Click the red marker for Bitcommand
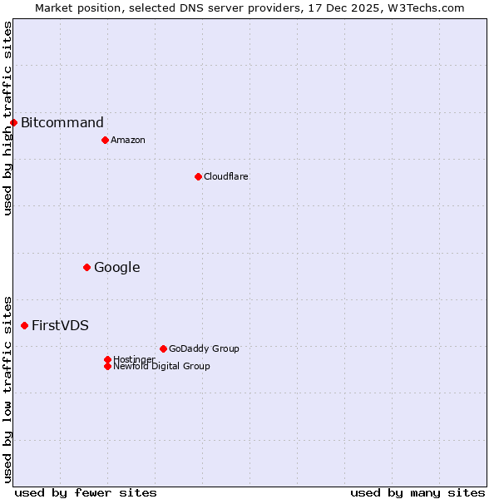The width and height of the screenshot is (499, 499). point(13,123)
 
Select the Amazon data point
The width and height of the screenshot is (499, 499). point(105,140)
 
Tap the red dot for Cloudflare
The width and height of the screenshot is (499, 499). point(198,176)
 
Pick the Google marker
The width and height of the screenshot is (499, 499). point(86,267)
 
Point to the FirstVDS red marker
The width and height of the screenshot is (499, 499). point(24,325)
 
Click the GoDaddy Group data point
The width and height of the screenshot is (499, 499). point(163,348)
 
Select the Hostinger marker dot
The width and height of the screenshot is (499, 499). point(107,359)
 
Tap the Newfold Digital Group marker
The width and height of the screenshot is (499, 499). point(107,366)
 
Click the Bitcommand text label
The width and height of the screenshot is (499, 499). point(62,123)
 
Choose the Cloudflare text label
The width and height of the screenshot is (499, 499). point(226,176)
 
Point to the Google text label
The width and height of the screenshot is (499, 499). point(117,267)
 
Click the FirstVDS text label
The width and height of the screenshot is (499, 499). point(60,325)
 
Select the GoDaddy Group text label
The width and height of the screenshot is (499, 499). point(204,348)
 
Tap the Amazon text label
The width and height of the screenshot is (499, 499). point(128,140)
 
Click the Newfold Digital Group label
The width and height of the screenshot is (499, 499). point(161,366)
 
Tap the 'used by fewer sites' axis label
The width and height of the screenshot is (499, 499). point(86,492)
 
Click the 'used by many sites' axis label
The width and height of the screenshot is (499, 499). point(417,492)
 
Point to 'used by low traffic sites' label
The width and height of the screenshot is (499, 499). point(7,389)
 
